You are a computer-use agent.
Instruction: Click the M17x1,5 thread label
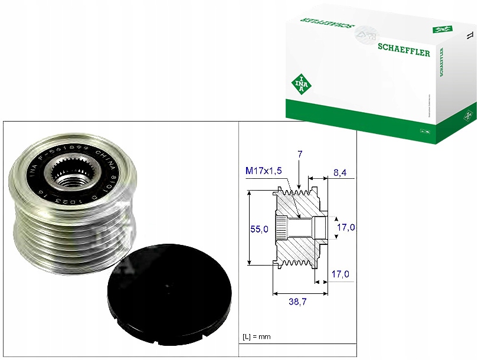[x=263, y=171]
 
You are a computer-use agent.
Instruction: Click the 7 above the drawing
[x=300, y=154]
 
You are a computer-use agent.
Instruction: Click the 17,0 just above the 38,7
[x=341, y=274]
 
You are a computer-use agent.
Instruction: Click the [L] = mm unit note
[x=257, y=336]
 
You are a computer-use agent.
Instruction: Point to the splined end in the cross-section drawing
[x=281, y=227]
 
